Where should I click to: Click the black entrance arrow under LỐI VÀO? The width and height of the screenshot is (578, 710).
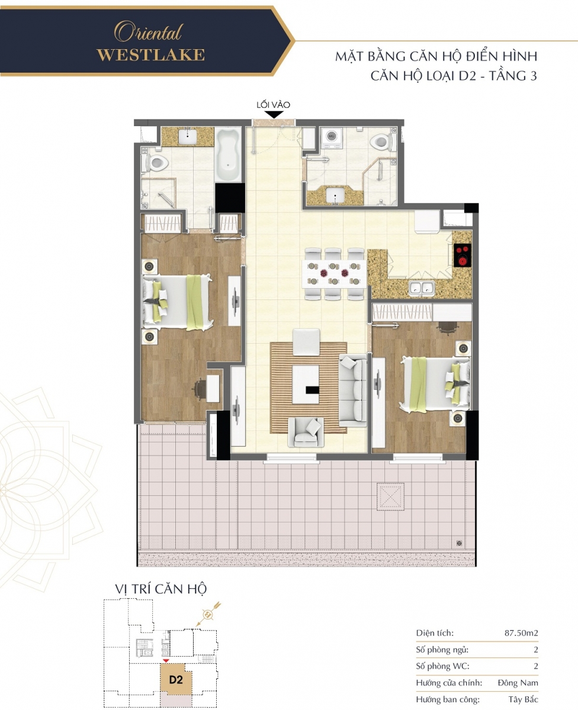click(274, 115)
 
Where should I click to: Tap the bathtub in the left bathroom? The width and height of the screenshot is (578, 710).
click(229, 154)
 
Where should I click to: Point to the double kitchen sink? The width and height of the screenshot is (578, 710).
click(422, 288)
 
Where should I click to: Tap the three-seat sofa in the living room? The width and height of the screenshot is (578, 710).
click(353, 390)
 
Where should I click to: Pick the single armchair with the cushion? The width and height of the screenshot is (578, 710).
click(306, 432)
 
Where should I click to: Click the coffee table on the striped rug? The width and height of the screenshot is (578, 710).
click(306, 385)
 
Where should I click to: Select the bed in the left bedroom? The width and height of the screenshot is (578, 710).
click(178, 302)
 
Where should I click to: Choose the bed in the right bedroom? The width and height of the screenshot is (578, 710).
click(435, 384)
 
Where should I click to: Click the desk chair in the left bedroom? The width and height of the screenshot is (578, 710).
click(200, 389)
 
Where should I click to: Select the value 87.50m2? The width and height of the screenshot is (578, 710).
click(521, 632)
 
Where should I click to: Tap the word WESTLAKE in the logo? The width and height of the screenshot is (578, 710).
click(151, 55)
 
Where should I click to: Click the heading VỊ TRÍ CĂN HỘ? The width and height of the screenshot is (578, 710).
click(160, 589)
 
